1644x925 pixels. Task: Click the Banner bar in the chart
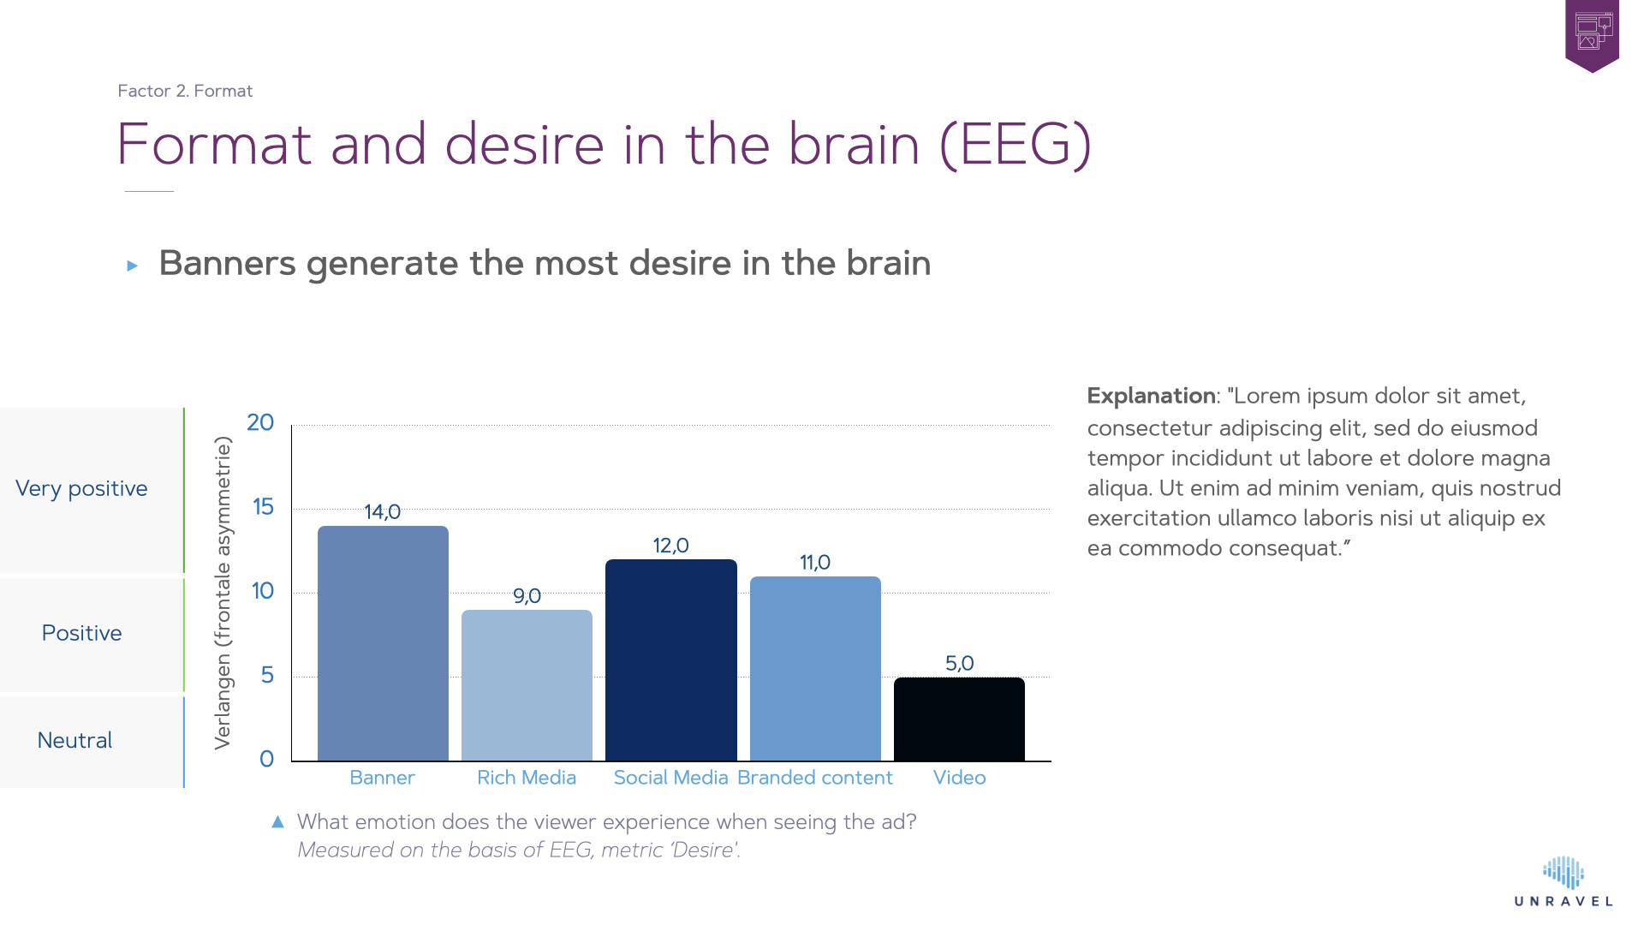tap(383, 642)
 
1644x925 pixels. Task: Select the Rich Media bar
tap(527, 685)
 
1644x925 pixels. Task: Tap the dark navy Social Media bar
tap(670, 659)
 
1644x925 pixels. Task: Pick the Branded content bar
tap(815, 668)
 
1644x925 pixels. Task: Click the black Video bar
tap(959, 719)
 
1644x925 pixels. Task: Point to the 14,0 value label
tap(382, 512)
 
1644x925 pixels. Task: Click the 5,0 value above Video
tap(959, 664)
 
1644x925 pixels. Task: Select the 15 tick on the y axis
tap(263, 507)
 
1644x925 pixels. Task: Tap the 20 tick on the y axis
tap(260, 423)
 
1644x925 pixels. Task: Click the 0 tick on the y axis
tap(266, 760)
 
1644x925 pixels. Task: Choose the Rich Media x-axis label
tap(527, 778)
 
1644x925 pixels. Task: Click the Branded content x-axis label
tap(814, 778)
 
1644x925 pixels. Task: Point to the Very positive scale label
tap(81, 488)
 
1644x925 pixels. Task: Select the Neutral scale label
tap(74, 741)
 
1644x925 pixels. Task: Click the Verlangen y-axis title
tap(223, 593)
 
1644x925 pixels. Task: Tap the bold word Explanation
tap(1151, 396)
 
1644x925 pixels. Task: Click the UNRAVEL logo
tap(1564, 882)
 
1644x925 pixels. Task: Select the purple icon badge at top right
tap(1592, 34)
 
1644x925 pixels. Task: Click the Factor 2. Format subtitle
tap(185, 91)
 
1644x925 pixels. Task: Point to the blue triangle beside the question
tap(277, 822)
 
